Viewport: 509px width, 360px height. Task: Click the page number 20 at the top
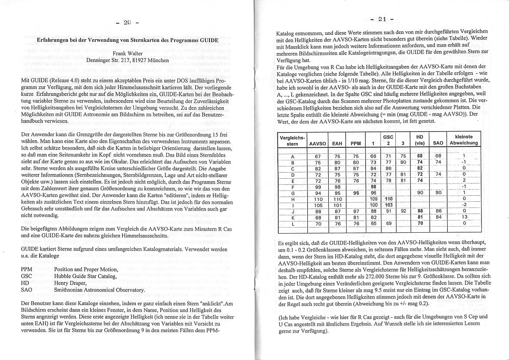coord(127,22)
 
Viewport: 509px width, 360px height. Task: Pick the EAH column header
coord(337,143)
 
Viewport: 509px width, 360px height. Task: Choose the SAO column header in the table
coord(438,143)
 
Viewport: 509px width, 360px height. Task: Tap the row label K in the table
coord(292,217)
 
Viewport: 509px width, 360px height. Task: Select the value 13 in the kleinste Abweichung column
coord(464,217)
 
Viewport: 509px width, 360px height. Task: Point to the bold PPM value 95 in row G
coord(356,193)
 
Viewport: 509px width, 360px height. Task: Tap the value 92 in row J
coord(404,211)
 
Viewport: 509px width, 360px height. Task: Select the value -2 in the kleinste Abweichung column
coord(464,205)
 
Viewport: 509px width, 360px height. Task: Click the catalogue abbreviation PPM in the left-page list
coord(27,270)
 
